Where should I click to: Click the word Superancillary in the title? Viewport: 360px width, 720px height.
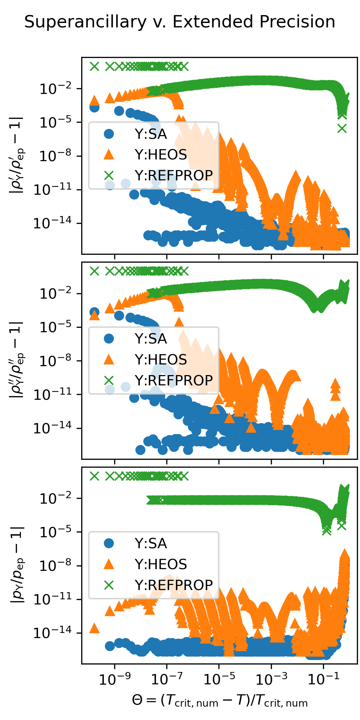[x=85, y=22]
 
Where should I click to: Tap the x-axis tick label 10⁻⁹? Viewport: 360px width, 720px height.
[x=115, y=678]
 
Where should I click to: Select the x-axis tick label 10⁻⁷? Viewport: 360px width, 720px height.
[x=167, y=678]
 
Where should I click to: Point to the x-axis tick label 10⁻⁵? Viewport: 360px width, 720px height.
[x=219, y=678]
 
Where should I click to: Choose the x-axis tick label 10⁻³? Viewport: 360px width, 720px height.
[x=272, y=678]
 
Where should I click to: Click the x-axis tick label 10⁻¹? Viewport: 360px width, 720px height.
[x=324, y=678]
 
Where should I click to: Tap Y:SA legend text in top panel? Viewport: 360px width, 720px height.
[x=151, y=134]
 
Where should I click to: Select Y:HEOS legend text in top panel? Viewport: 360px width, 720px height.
[x=160, y=155]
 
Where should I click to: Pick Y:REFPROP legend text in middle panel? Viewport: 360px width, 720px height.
[x=173, y=381]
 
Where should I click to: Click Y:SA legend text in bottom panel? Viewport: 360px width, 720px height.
[x=151, y=544]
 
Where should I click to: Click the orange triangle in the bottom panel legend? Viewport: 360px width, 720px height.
[x=109, y=564]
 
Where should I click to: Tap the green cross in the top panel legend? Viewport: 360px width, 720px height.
[x=109, y=176]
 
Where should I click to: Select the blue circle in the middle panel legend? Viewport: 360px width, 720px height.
[x=109, y=339]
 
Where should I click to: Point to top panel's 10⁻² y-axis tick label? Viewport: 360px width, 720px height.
[x=56, y=89]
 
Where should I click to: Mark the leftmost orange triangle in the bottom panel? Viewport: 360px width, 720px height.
[x=94, y=628]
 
